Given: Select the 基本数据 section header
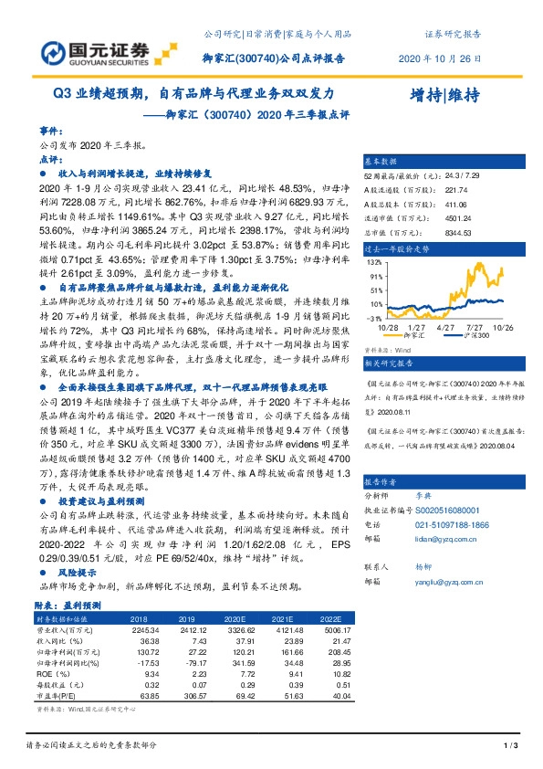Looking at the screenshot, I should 382,158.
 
